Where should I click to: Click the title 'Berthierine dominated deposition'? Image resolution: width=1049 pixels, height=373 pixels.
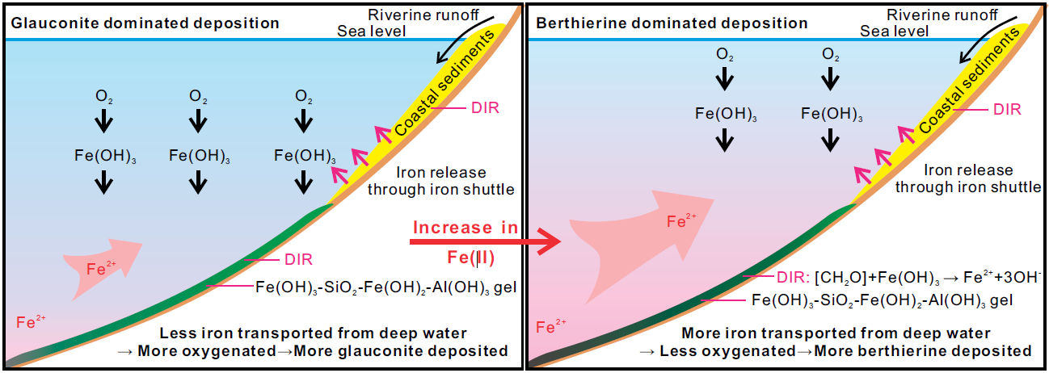click(x=672, y=23)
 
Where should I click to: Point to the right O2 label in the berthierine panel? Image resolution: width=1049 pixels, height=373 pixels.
click(x=830, y=55)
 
